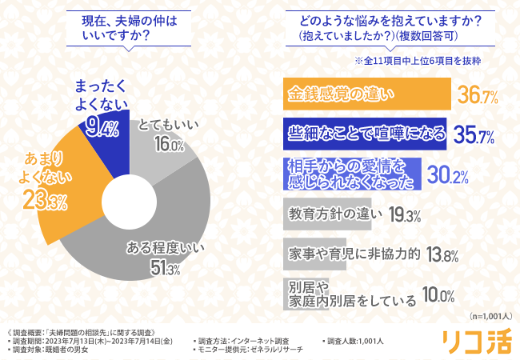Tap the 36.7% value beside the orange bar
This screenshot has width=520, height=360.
pos(478,97)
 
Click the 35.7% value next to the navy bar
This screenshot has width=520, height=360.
pos(474,134)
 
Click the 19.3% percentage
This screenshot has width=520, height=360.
pos(404,216)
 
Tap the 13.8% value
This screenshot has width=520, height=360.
pos(442,256)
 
